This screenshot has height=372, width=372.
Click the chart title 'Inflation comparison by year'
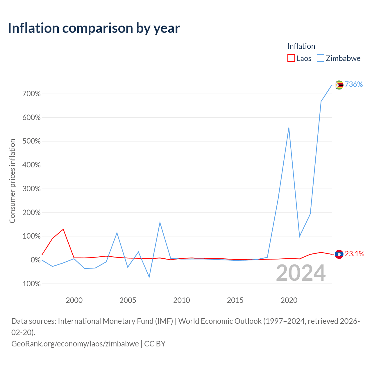(94, 28)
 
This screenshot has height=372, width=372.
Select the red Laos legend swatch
(291, 58)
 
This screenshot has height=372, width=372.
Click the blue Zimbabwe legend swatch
(321, 58)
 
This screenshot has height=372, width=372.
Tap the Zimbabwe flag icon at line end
(339, 85)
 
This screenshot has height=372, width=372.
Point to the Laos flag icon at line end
(339, 254)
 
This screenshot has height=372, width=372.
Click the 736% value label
(354, 84)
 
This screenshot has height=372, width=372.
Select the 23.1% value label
(355, 254)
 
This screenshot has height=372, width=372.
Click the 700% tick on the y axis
(31, 94)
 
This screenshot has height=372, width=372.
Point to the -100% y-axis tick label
(30, 284)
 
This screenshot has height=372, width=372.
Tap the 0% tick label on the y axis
(36, 260)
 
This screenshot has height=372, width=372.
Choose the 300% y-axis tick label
(31, 189)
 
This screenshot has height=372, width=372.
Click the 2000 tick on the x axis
(74, 300)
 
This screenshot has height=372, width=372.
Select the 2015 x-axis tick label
(235, 300)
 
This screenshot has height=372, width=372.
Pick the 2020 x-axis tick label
(289, 300)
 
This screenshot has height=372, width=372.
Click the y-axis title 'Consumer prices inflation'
(12, 181)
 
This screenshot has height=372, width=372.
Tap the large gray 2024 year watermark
(301, 273)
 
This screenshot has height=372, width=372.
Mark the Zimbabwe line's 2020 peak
(289, 128)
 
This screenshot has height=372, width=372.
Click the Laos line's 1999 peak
(63, 229)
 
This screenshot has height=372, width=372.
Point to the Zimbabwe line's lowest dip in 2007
(149, 277)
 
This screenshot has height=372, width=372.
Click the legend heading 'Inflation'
(301, 46)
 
